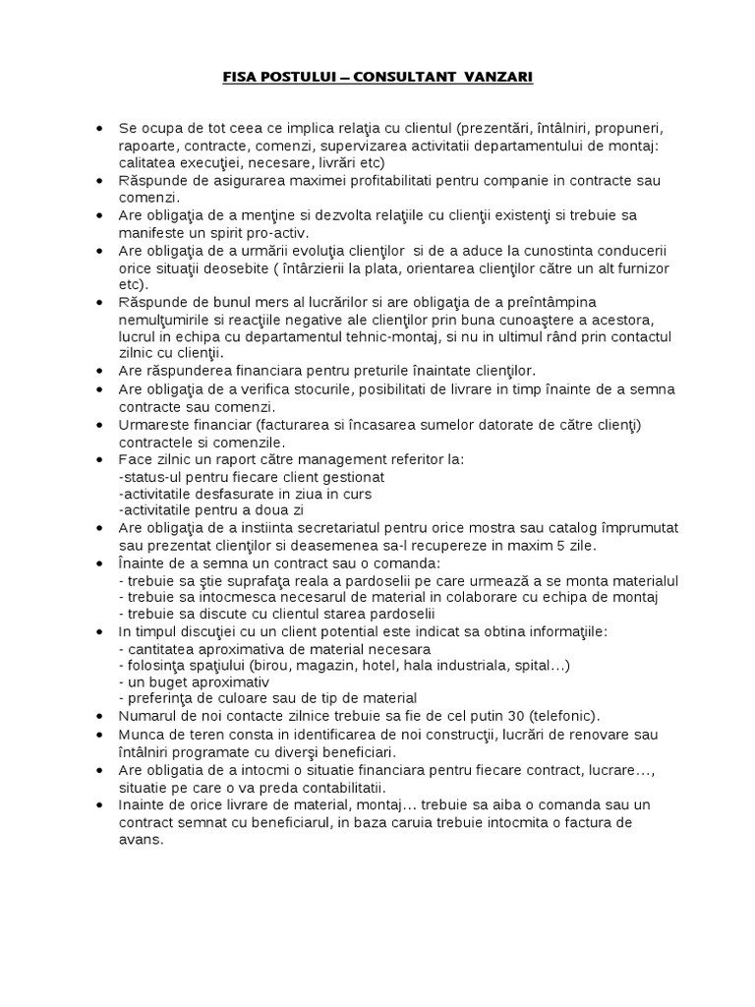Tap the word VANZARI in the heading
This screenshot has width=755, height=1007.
(x=500, y=77)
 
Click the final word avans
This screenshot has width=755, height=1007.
(x=140, y=839)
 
